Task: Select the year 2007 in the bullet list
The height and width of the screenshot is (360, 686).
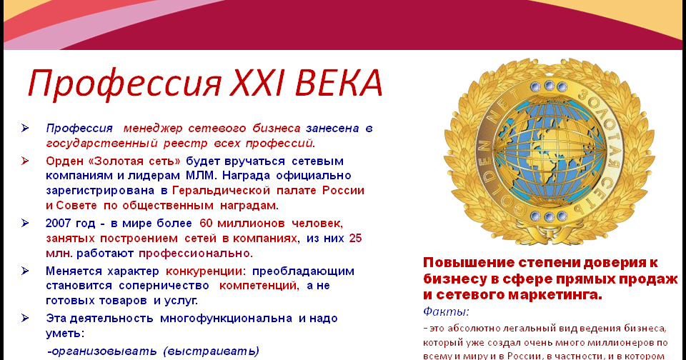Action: (x=59, y=224)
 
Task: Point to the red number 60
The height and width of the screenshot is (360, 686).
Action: (x=206, y=224)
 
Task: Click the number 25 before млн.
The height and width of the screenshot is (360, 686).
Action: (x=355, y=239)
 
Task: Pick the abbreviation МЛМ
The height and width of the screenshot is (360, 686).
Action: (x=201, y=176)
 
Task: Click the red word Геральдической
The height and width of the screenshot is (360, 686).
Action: (x=221, y=191)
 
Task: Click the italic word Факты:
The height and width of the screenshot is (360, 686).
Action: (x=446, y=312)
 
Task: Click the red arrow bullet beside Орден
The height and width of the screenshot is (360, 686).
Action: (x=25, y=161)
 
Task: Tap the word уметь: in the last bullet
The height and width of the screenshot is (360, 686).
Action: (x=65, y=334)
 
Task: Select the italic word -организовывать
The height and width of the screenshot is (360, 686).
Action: (x=102, y=351)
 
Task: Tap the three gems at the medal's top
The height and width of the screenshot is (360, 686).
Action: (x=549, y=86)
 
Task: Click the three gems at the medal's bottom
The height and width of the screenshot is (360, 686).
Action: (x=549, y=216)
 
